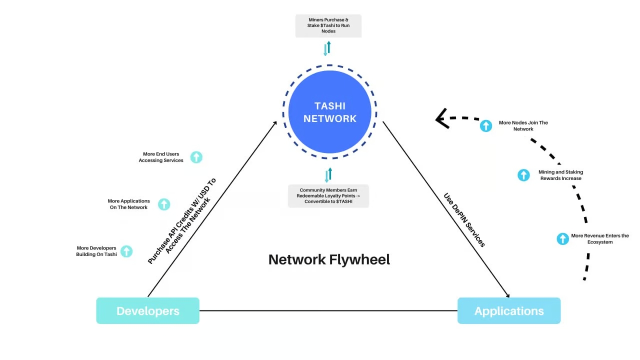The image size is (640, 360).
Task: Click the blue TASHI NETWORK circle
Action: point(330,112)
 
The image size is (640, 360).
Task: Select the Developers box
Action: point(147,311)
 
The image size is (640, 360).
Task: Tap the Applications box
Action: point(509,311)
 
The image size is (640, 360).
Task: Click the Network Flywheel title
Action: point(329,259)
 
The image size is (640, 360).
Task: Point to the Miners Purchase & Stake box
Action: point(328,25)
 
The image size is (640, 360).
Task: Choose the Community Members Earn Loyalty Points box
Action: point(328,196)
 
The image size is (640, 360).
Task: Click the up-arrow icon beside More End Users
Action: point(196,157)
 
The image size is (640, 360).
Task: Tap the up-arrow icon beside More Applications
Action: point(164,204)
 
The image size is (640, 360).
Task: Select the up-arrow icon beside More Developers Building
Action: point(126,251)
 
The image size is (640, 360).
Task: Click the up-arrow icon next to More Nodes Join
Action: point(486,125)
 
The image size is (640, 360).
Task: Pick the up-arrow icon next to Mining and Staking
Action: point(523,175)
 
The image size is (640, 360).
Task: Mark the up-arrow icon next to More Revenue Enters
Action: point(563,238)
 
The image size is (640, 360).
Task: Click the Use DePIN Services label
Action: point(464,220)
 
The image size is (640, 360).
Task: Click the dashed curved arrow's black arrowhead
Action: point(441,119)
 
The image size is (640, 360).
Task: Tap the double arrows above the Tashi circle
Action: point(327,48)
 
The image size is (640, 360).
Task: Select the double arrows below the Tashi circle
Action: point(328,175)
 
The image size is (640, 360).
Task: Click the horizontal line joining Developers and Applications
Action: point(328,310)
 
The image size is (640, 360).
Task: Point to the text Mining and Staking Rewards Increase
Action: point(560,175)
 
